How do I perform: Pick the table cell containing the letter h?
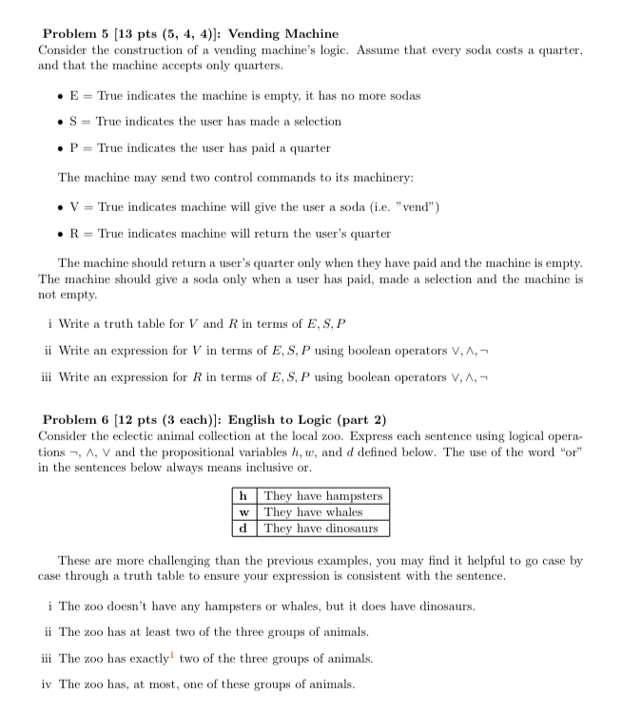tap(244, 495)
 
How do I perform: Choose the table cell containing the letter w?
tap(244, 511)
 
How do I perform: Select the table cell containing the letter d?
tap(244, 528)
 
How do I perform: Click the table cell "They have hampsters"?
tap(322, 495)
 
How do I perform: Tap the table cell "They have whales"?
tap(313, 511)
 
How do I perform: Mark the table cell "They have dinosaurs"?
tap(321, 528)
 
